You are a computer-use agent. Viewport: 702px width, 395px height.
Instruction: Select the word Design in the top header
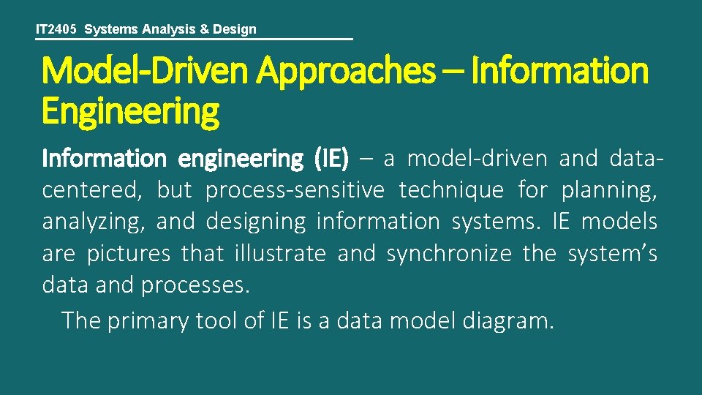234,29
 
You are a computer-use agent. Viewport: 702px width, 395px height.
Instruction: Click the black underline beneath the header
194,39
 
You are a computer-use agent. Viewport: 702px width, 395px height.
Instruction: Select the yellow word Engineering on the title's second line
130,112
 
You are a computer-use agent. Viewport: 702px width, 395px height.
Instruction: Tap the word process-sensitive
295,190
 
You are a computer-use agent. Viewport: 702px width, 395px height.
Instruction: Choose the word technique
451,190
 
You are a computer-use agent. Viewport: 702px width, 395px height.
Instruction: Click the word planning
608,190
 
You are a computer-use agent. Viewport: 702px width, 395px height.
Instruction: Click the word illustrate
281,254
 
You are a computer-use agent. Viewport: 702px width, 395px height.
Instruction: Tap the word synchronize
449,254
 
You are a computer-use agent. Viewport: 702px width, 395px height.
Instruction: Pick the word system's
612,254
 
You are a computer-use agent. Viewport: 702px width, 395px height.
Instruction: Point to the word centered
92,190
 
